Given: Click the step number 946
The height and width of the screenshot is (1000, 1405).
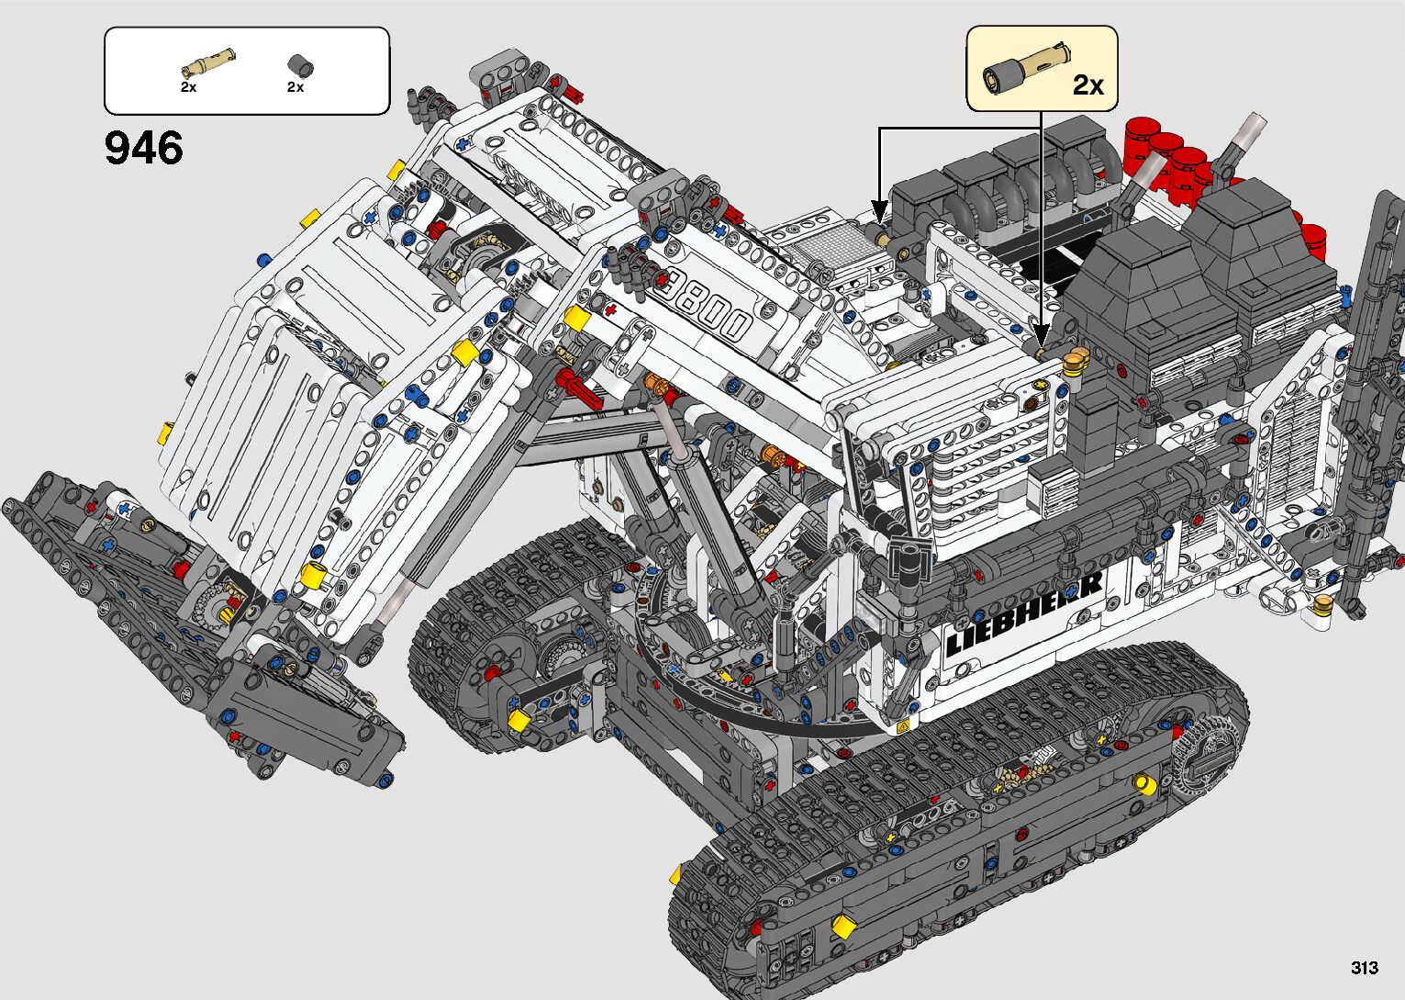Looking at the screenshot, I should coord(144,148).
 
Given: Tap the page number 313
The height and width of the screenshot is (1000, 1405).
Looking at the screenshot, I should coord(1364,967).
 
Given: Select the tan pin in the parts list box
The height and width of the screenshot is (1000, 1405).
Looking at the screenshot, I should coord(208,63).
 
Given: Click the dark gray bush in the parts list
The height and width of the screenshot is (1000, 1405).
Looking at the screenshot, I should coord(300,65).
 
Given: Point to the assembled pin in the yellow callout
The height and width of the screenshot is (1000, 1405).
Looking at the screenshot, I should coord(1025,67).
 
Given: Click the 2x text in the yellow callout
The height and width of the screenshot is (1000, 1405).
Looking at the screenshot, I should coord(1087,85).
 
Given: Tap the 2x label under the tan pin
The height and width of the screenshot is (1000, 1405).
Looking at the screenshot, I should coord(188,87).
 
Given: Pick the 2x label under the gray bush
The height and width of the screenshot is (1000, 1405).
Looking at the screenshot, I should coord(295,87).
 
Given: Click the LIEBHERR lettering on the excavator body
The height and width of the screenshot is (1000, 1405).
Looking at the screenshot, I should coord(1023,613).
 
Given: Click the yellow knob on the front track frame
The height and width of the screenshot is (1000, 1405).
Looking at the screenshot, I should coord(1143,783).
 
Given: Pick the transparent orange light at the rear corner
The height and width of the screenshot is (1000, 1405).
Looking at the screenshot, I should coord(1323,603).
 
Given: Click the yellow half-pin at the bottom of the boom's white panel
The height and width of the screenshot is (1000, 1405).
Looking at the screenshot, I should coord(314,576).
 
